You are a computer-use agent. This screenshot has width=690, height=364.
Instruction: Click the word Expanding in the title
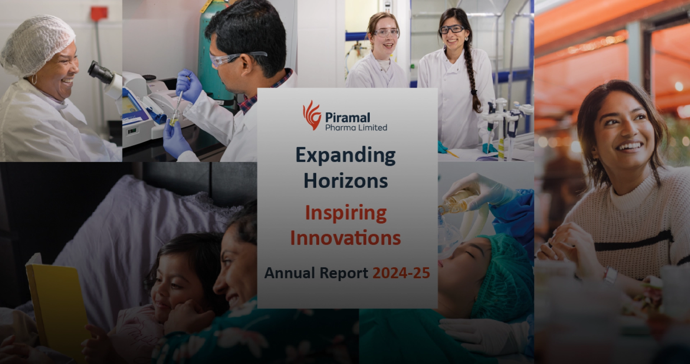coord(345,156)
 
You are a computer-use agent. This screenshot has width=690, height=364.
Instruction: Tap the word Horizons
coord(345,181)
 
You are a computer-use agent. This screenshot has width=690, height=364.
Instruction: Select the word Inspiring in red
coord(345,213)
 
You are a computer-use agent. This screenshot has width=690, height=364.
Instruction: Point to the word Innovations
coord(345,238)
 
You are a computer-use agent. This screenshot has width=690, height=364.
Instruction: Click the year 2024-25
coord(401,273)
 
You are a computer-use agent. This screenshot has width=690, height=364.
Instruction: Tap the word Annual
coord(290,273)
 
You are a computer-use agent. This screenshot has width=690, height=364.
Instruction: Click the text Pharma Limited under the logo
coord(356,128)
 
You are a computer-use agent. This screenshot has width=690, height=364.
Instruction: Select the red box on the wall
coord(99,13)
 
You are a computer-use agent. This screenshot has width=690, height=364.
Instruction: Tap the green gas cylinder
coord(212,54)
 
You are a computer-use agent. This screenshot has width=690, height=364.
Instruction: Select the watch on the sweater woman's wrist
coord(610,275)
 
